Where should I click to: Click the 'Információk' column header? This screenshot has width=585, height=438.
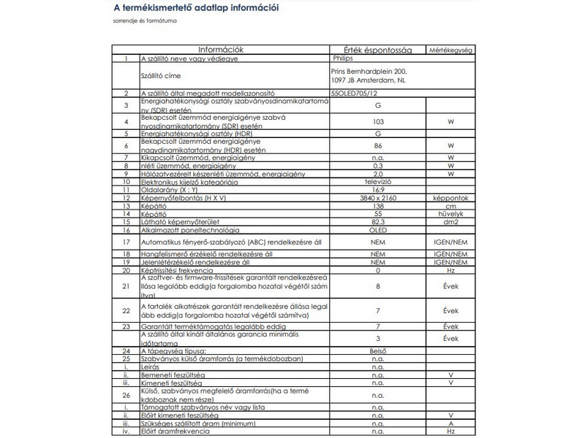pos(221,50)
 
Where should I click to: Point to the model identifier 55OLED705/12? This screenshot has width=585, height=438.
pos(355,93)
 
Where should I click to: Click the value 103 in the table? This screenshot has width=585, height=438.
pos(377,121)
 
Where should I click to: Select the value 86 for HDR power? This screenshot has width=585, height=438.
pos(377,145)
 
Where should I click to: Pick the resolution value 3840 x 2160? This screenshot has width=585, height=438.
pos(377,199)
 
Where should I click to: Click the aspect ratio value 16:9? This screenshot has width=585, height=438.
pos(377,190)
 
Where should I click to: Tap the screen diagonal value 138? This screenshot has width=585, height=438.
pos(377,207)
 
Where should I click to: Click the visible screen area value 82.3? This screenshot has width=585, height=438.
pos(377,221)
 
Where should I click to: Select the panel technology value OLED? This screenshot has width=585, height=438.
pos(377,228)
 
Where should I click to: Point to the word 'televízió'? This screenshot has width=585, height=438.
pos(377,182)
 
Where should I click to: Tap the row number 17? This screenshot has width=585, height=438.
pos(126,241)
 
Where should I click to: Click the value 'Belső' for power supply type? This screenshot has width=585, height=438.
pos(377,351)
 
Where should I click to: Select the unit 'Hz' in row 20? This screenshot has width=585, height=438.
pos(450,269)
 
